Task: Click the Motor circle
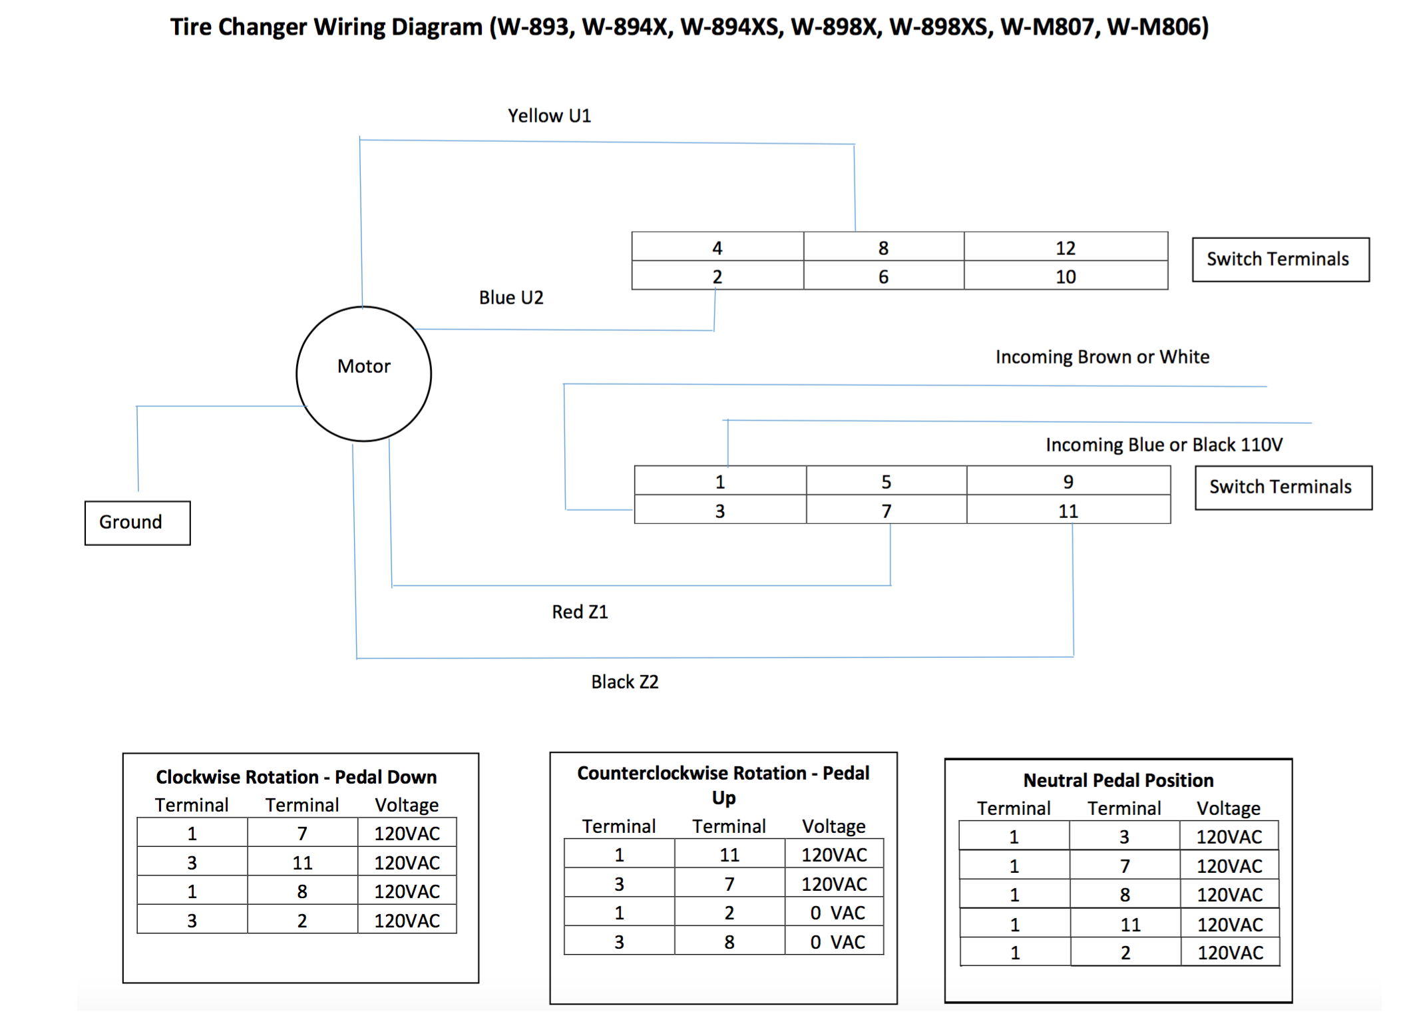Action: (363, 374)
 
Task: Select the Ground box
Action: (137, 523)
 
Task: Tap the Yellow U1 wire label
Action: (549, 116)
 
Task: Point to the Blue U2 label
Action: (511, 298)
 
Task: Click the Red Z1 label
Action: (580, 612)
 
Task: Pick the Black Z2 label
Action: (624, 682)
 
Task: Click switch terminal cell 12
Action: (1065, 248)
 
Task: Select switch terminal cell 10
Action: (1065, 276)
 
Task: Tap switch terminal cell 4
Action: (717, 248)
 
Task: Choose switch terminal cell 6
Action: (883, 276)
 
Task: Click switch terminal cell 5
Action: (886, 481)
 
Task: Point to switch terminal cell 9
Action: (1068, 481)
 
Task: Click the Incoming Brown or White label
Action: (1102, 357)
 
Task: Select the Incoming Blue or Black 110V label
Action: (1163, 445)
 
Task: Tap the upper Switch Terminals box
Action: (1280, 259)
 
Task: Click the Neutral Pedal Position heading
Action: (1118, 780)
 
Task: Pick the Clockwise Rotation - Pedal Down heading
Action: (296, 777)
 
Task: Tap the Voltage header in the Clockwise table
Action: (407, 805)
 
